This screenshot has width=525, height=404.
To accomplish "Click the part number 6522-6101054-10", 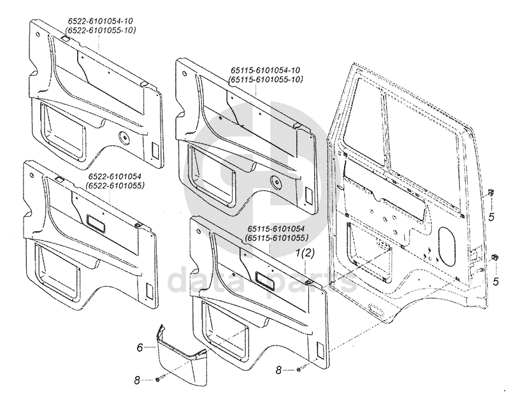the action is [101, 21].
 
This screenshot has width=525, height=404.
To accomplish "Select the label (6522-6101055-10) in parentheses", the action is [101, 30].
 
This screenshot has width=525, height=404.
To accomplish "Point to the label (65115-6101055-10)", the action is [265, 80].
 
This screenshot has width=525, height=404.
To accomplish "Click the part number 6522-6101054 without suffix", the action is [115, 177].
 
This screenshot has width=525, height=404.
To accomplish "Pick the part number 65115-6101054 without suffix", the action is [276, 229].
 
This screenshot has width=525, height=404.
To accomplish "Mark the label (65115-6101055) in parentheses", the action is [276, 238].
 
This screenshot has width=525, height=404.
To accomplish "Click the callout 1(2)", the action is [305, 254].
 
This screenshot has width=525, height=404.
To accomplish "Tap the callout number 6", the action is [140, 348].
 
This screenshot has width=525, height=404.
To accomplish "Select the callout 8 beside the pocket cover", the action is [137, 380].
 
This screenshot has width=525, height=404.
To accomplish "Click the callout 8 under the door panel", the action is [278, 370].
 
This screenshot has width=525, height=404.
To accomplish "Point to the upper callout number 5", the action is [491, 217].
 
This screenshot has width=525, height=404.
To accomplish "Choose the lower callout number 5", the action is [496, 281].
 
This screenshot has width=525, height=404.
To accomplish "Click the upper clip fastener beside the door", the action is [491, 192].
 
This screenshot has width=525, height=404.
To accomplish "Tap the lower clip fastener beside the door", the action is [495, 257].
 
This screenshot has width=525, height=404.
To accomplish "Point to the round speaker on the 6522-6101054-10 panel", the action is [124, 138].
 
